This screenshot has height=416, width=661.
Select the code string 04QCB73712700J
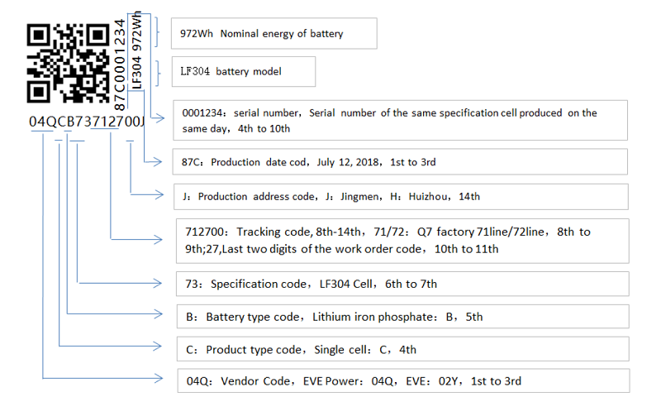click(x=87, y=123)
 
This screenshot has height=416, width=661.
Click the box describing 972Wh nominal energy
click(x=274, y=34)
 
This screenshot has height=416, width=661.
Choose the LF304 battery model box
click(x=244, y=72)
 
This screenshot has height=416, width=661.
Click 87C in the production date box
click(x=193, y=162)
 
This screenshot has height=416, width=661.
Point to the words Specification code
click(x=256, y=284)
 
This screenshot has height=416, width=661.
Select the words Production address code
click(x=257, y=197)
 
